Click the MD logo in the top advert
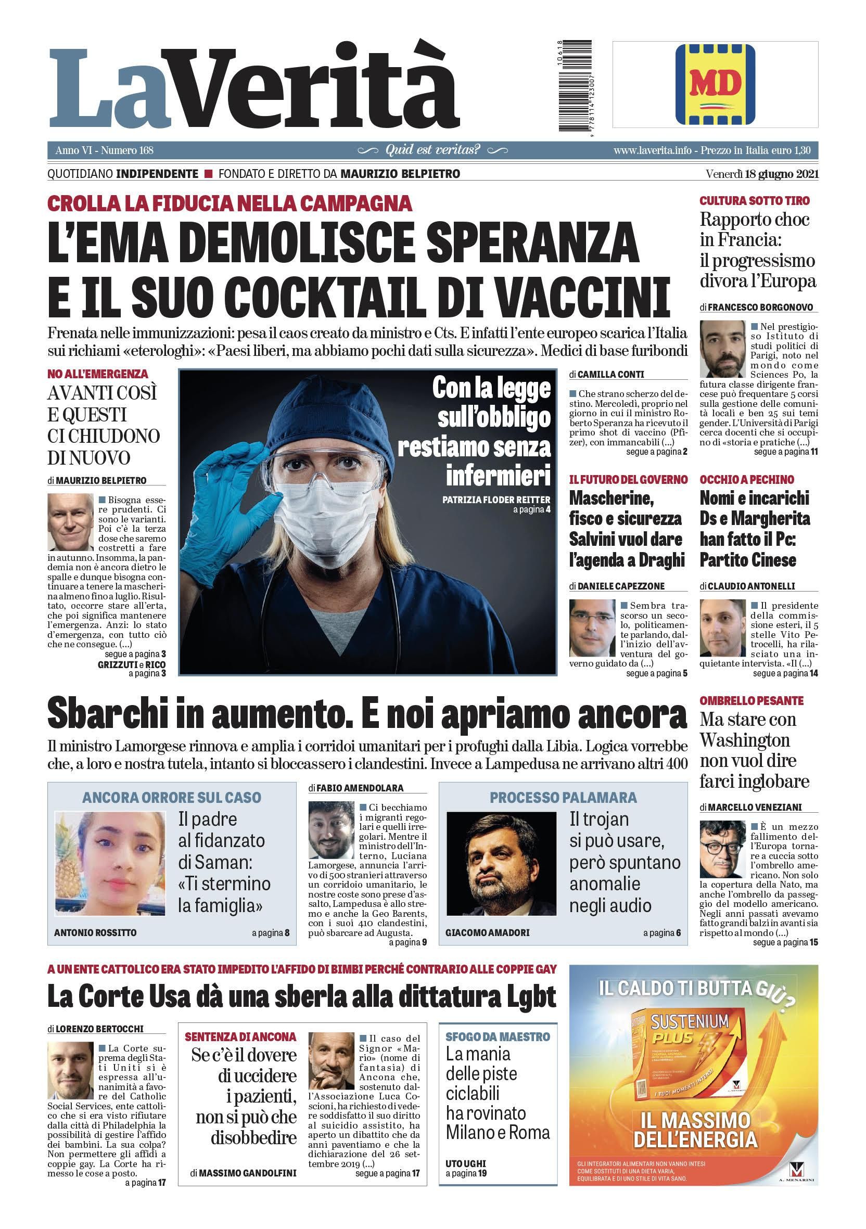715,84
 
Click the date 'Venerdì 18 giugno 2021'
761,174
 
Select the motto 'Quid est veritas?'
433,150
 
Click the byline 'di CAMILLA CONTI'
606,375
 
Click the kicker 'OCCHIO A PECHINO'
747,480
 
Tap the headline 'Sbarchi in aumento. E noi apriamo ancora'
366,714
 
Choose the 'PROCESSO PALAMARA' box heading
563,797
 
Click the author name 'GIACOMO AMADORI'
487,932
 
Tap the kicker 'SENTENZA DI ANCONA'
240,1036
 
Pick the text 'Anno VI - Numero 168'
105,150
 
